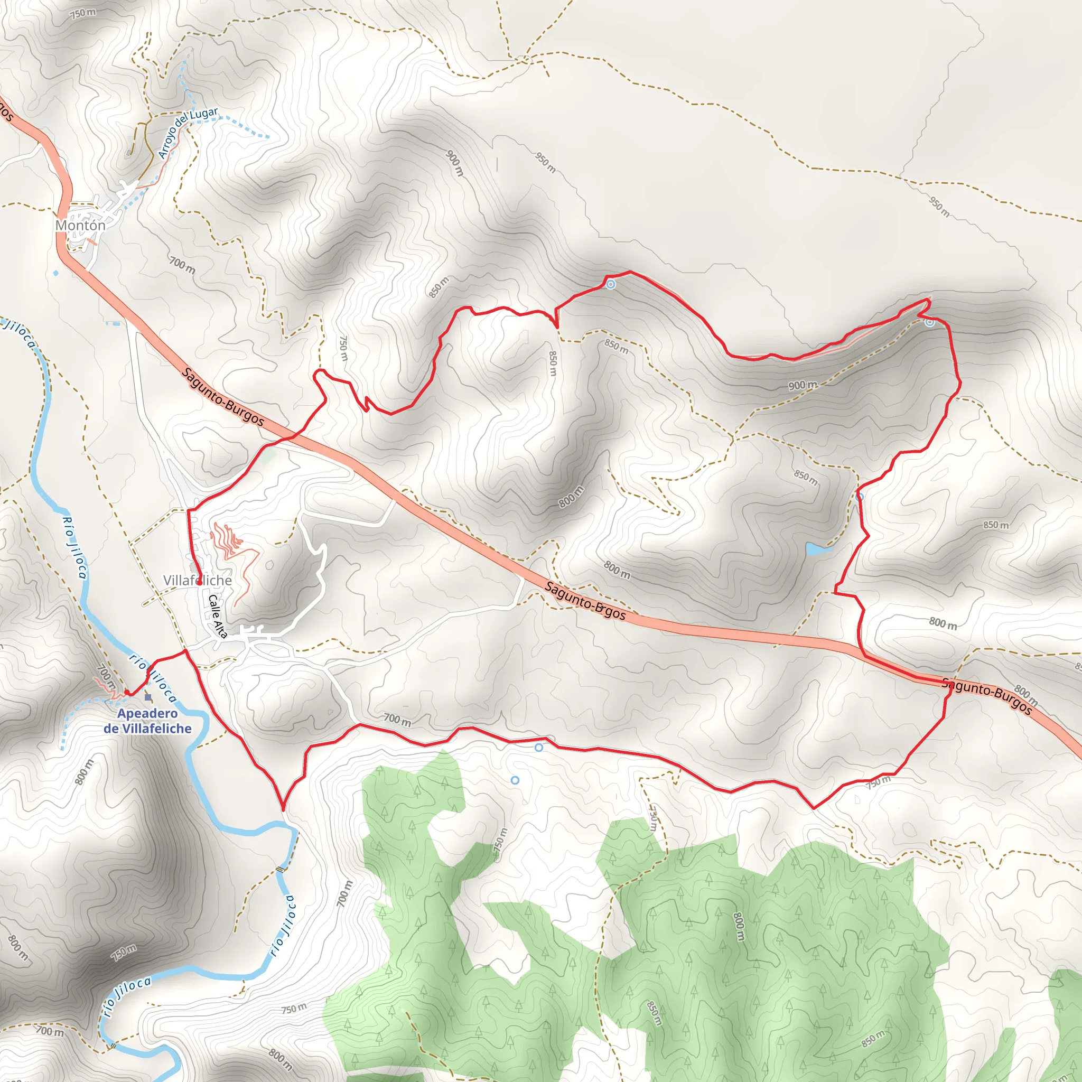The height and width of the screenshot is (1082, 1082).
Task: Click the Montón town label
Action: pos(80,225)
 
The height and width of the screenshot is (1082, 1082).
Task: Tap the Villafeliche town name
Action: pos(197,580)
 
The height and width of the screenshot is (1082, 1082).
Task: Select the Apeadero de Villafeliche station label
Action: pos(147,721)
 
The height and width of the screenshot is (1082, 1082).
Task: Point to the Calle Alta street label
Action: pos(218,617)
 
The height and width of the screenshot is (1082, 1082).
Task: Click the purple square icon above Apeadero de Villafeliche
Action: pos(148,697)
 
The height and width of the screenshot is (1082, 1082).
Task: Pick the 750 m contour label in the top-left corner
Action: pos(83,13)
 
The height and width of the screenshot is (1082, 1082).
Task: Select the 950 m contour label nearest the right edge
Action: pos(939,206)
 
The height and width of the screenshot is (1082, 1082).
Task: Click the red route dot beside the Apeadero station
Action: pos(127,693)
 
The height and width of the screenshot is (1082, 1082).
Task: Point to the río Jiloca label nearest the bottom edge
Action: pos(127,997)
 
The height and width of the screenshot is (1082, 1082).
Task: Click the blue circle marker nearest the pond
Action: pos(860,497)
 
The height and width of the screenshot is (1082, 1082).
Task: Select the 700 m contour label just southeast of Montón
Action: pos(183,265)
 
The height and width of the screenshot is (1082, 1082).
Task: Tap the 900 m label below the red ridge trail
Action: pos(803,385)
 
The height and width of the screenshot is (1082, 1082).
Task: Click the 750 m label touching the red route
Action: pos(878,781)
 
